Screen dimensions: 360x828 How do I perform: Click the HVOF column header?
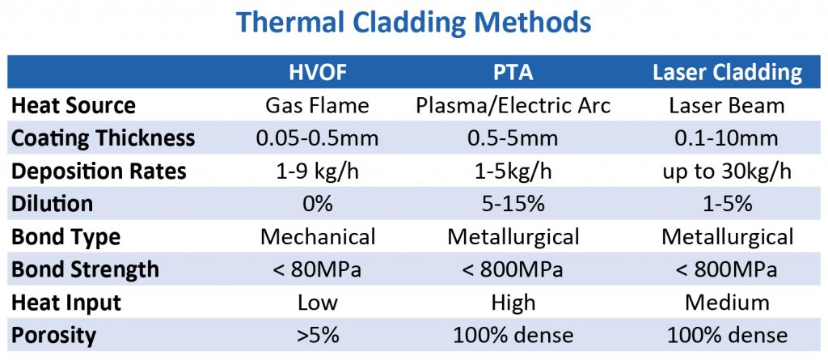[318, 73]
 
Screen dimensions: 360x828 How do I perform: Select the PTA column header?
[513, 73]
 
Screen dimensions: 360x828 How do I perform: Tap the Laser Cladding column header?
[727, 73]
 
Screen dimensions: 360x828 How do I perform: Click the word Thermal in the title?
[296, 22]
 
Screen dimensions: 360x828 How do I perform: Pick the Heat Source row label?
[74, 105]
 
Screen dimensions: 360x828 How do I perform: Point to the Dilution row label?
[52, 204]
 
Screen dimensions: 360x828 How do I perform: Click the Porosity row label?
[54, 335]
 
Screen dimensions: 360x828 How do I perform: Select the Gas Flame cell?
[318, 105]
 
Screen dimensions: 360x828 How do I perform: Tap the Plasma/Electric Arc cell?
[513, 105]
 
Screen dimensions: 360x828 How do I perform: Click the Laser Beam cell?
[727, 105]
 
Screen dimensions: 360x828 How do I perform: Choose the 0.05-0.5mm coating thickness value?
[318, 138]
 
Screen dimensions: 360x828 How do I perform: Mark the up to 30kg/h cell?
[727, 172]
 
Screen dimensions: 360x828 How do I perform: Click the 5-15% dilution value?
[513, 204]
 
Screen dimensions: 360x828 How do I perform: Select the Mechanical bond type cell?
[318, 237]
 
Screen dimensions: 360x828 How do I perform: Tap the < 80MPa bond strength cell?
[318, 269]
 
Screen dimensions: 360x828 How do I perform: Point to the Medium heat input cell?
[727, 303]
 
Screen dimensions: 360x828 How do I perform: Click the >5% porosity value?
[318, 335]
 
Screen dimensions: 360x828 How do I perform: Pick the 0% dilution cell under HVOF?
[318, 204]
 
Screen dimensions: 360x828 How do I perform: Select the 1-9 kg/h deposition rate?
[318, 172]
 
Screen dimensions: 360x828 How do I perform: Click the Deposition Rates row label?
[99, 172]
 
